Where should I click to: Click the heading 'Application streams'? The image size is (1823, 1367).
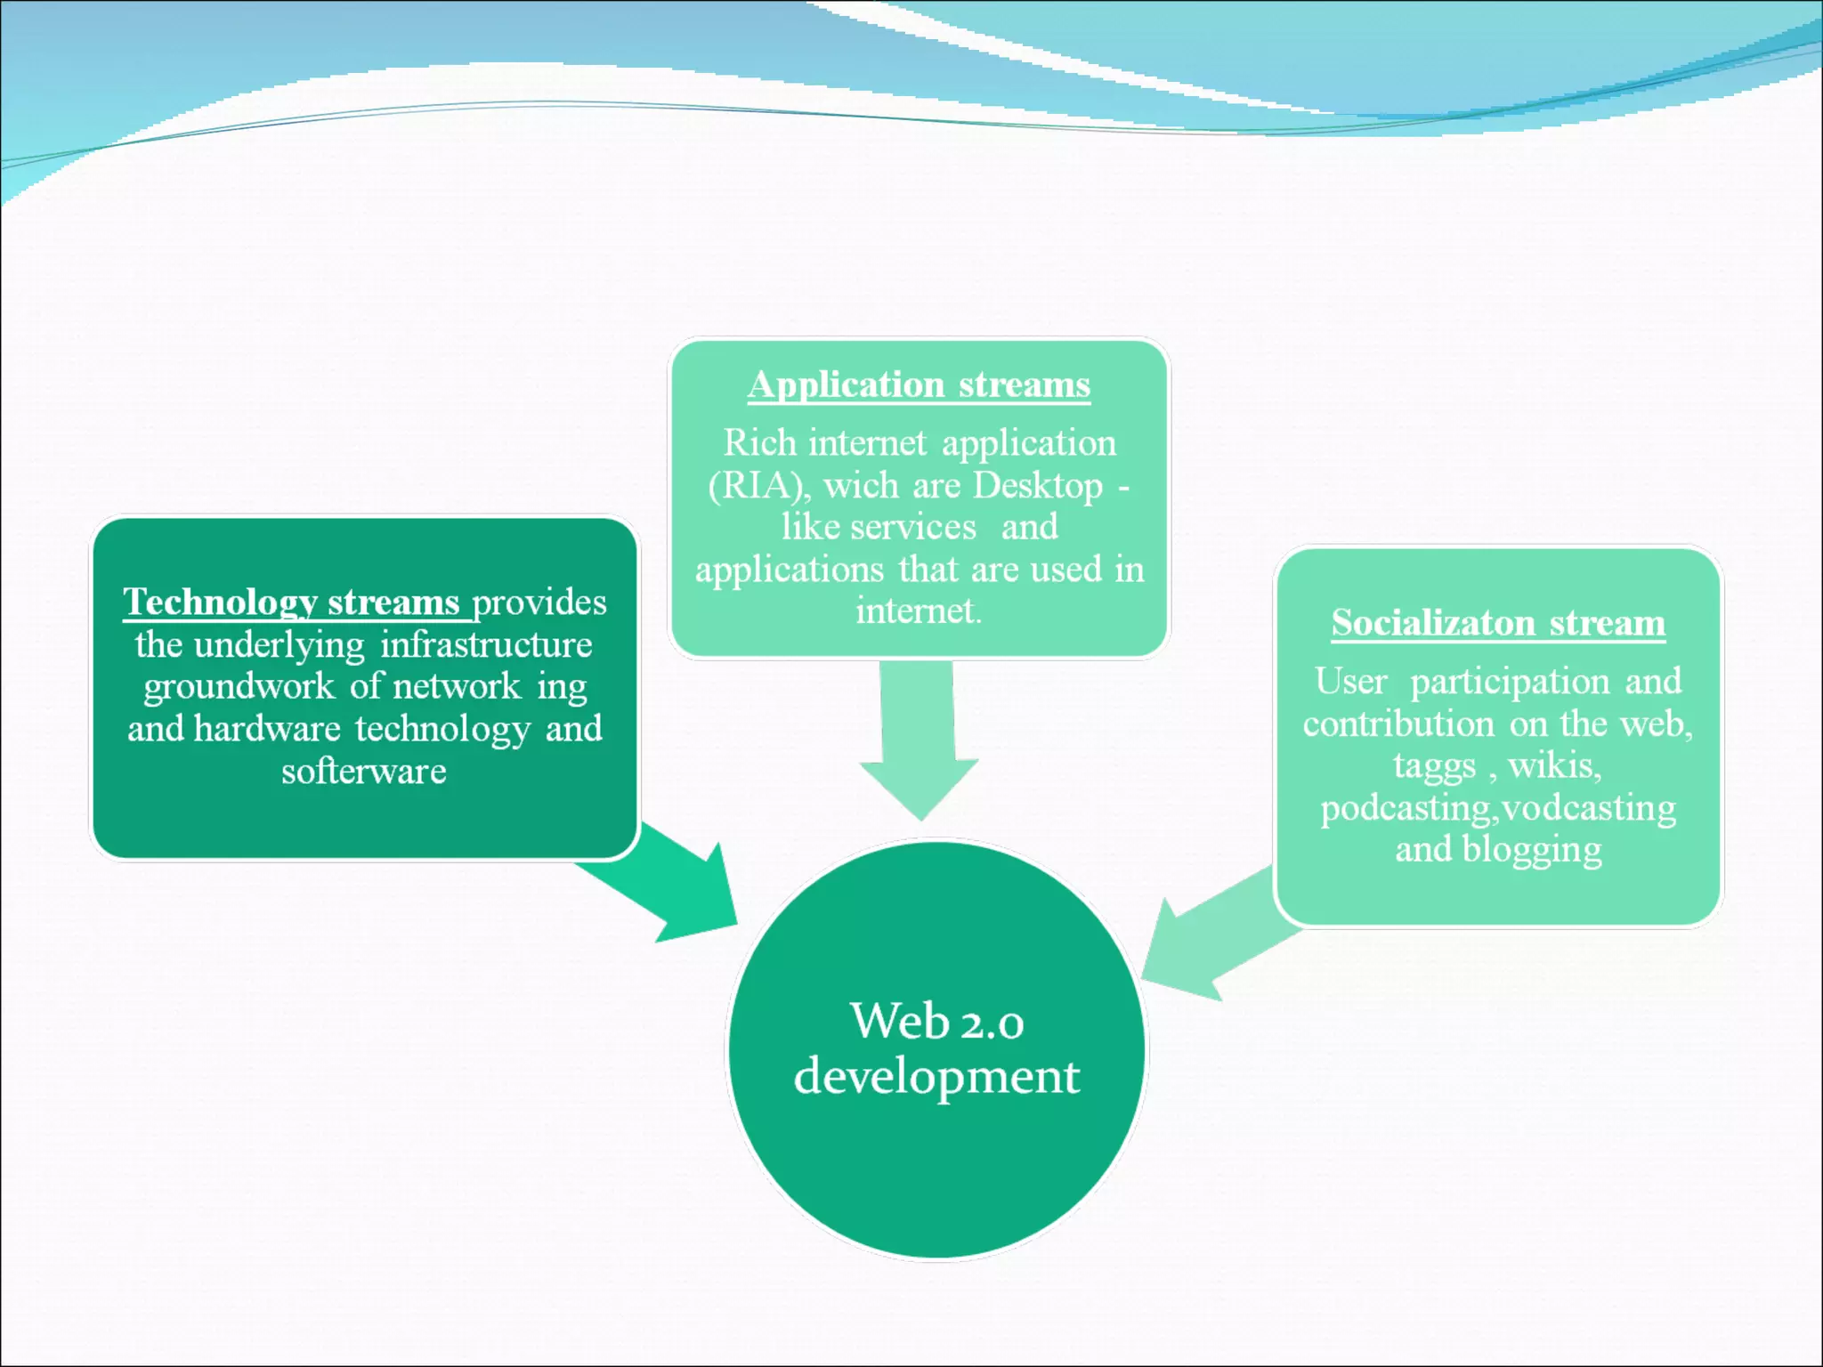[x=919, y=385]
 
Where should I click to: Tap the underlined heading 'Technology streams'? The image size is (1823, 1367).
[x=291, y=603]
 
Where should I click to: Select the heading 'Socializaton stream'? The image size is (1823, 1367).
[x=1498, y=623]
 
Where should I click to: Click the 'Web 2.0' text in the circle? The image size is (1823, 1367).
[x=936, y=1021]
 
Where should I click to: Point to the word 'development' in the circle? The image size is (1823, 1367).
[x=936, y=1077]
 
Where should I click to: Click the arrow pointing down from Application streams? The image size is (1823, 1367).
[x=919, y=739]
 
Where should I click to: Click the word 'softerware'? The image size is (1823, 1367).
[x=364, y=771]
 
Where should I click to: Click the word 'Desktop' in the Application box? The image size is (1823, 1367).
[x=1038, y=486]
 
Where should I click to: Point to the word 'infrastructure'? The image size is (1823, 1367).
[x=486, y=644]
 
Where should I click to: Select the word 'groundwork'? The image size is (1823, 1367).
[x=239, y=686]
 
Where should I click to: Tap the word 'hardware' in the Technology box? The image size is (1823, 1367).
[x=267, y=729]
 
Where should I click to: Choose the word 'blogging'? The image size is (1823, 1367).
[x=1532, y=849]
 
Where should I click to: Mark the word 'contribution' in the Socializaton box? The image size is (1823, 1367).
[x=1398, y=724]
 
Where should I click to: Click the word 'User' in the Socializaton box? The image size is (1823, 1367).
[x=1351, y=682]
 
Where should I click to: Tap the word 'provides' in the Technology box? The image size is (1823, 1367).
[x=539, y=603]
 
